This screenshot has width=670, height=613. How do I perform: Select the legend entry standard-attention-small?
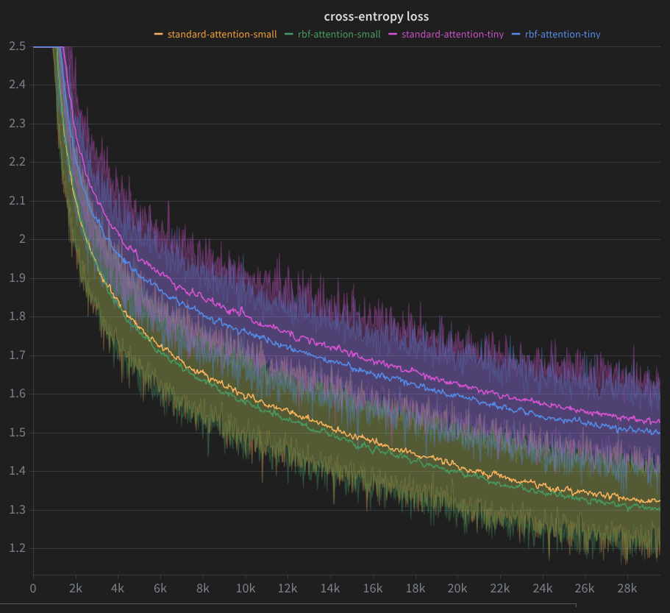click(222, 34)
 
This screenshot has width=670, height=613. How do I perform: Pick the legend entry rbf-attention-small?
click(339, 34)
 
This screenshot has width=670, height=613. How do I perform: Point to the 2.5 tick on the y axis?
click(18, 46)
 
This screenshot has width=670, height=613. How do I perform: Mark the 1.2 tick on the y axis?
click(18, 548)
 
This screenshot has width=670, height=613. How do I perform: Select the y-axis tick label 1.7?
click(18, 355)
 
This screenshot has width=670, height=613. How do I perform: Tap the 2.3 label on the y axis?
click(18, 124)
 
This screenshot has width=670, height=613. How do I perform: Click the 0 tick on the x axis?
click(33, 589)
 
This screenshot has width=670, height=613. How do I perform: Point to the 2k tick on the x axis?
click(75, 589)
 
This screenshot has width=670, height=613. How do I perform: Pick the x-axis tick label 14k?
click(330, 589)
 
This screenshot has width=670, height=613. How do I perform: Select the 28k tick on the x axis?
click(627, 589)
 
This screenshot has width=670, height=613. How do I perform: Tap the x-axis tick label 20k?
click(457, 589)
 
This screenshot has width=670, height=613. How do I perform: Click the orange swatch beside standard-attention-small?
click(158, 34)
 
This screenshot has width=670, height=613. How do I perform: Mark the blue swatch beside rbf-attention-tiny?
click(516, 34)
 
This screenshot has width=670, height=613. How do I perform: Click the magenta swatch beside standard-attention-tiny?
click(392, 34)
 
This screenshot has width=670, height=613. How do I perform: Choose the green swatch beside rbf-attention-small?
click(288, 34)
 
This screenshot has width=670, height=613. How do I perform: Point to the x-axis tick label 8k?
click(203, 589)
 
